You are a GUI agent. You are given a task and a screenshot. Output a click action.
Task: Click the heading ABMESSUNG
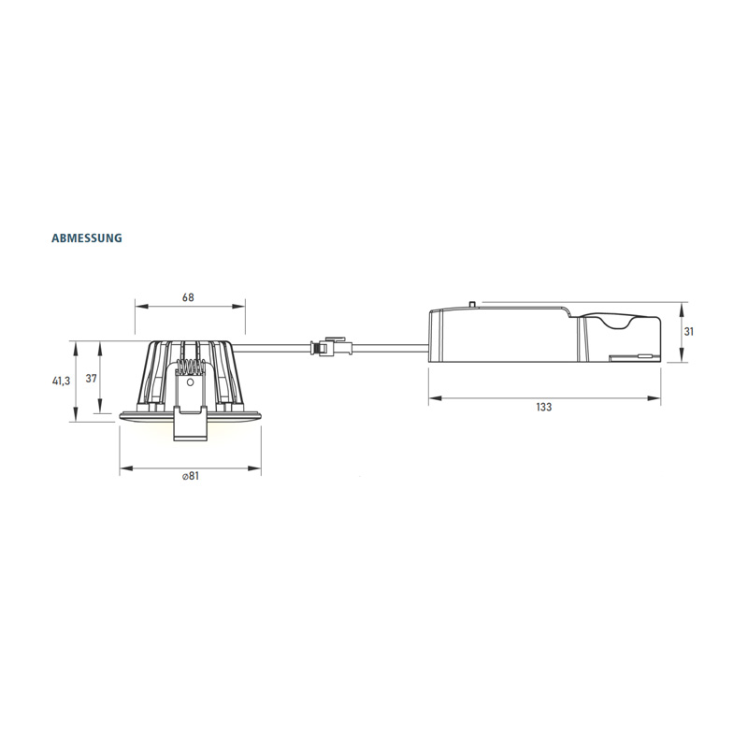pos(87,238)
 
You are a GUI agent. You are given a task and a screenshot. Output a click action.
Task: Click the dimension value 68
pos(189,297)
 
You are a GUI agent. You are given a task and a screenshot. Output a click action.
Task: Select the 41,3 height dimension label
pos(61,381)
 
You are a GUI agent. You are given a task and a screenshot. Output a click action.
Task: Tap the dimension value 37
pos(91,379)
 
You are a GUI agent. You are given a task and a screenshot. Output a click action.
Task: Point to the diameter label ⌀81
pos(190,476)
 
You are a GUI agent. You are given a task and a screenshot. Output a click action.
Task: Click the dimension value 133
pos(544,407)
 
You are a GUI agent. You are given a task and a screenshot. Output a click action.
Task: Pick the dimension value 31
pos(689,331)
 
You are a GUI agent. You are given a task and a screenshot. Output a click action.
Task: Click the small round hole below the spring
pos(190,382)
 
